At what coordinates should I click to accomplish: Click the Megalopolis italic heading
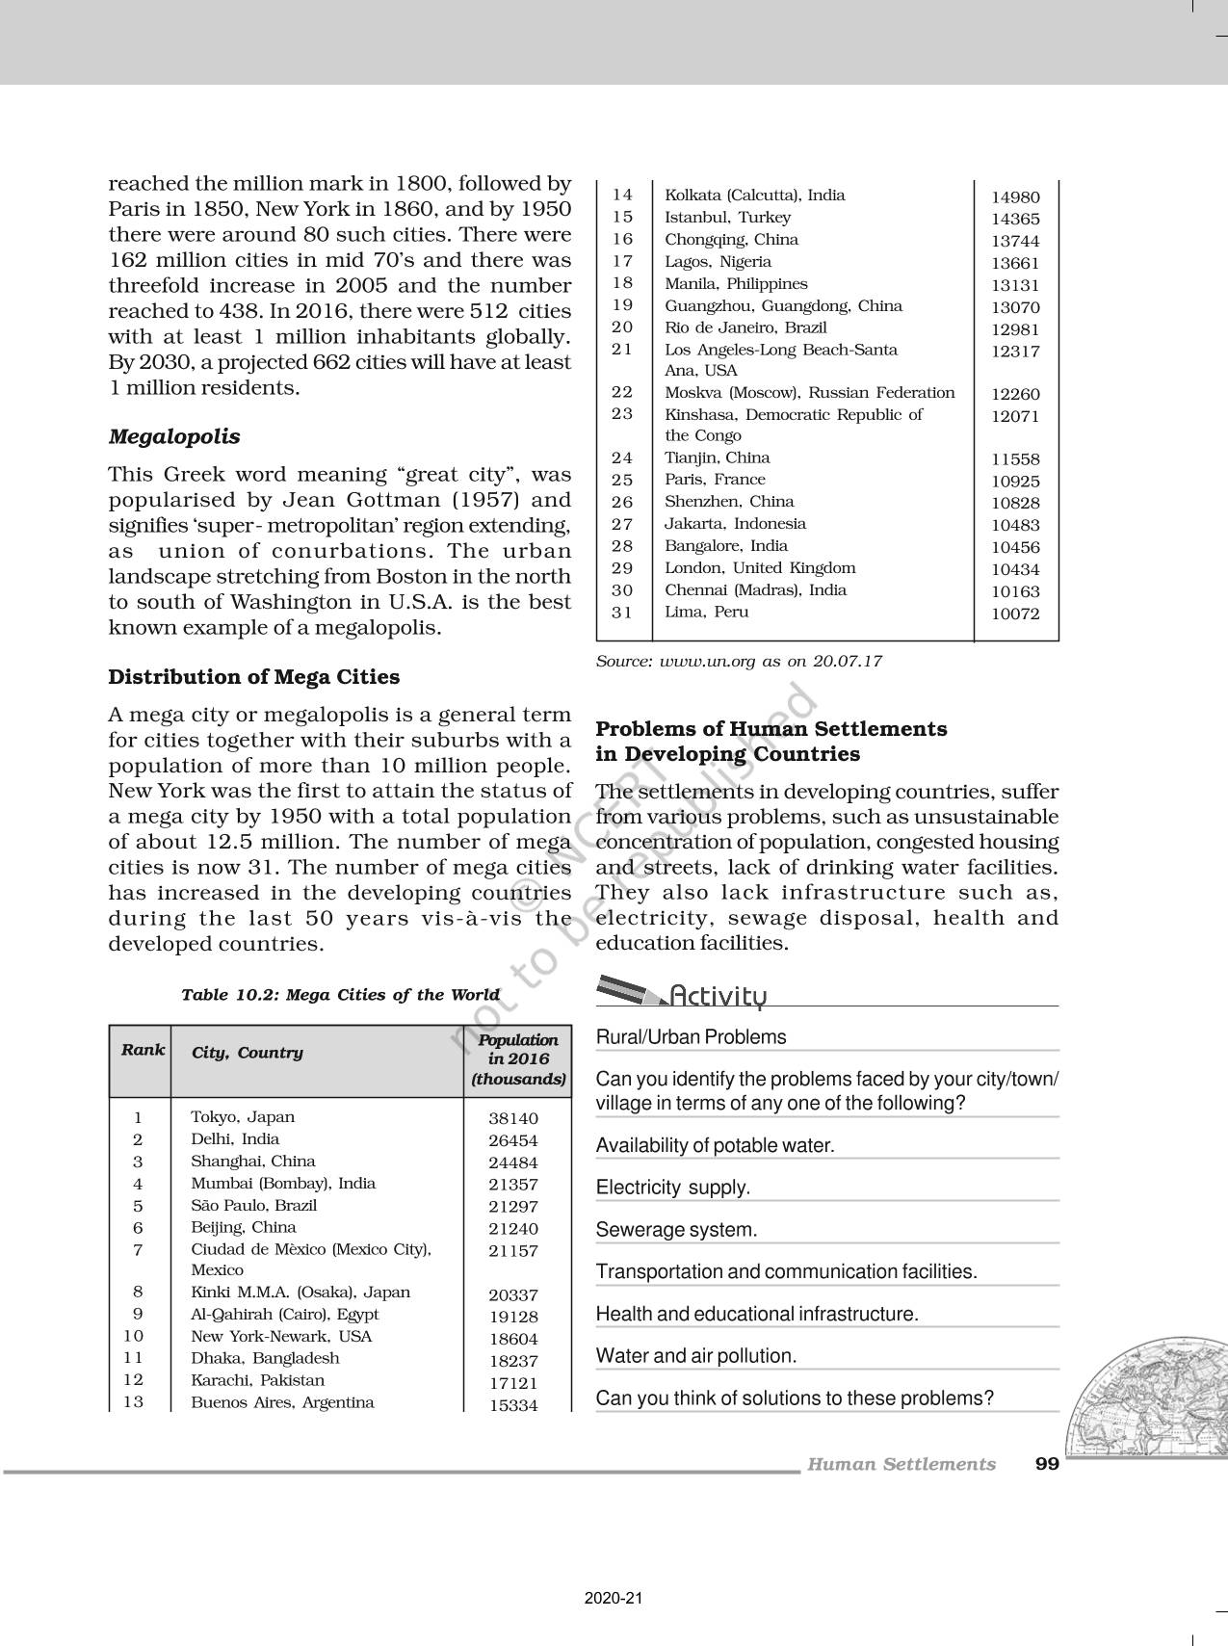click(x=174, y=436)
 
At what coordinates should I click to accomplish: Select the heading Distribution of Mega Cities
click(x=253, y=677)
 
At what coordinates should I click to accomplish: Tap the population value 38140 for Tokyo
click(x=513, y=1118)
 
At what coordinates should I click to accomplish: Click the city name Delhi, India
click(x=235, y=1138)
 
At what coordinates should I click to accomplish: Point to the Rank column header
click(x=143, y=1050)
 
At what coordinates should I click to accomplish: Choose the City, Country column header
click(x=248, y=1053)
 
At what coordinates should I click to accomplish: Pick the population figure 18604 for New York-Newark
click(x=513, y=1339)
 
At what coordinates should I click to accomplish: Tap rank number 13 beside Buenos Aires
click(x=133, y=1401)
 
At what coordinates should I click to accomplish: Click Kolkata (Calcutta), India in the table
click(x=754, y=196)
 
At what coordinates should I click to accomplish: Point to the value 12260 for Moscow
click(x=1016, y=394)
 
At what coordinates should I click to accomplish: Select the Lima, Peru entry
click(x=706, y=612)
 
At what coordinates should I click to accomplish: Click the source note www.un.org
click(x=739, y=662)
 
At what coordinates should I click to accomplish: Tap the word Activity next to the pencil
click(x=718, y=996)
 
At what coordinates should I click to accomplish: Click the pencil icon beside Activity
click(x=628, y=990)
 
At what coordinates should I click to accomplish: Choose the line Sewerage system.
click(x=676, y=1230)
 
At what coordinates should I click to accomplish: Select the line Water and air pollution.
click(x=696, y=1356)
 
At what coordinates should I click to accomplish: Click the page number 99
click(x=1047, y=1464)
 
